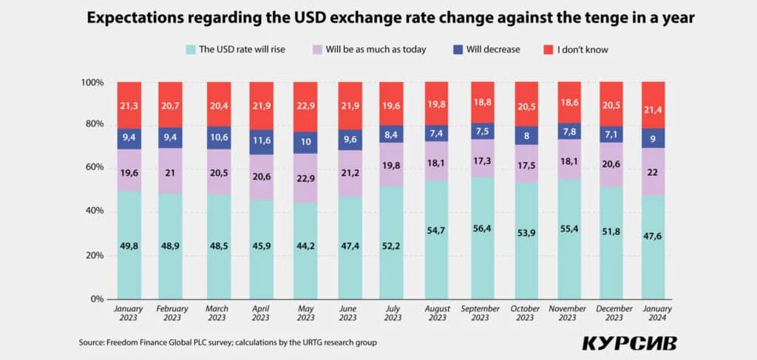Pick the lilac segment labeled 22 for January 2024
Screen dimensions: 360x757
point(654,171)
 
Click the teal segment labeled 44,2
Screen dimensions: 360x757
point(306,251)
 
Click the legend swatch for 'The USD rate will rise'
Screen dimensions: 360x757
point(191,50)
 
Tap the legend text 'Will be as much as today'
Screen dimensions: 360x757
point(376,50)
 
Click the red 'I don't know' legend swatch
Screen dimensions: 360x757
point(548,50)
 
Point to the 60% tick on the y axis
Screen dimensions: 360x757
point(94,168)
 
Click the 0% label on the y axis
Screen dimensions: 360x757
point(97,299)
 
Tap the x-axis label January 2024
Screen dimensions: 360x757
point(654,313)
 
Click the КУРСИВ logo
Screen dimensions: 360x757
point(629,343)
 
